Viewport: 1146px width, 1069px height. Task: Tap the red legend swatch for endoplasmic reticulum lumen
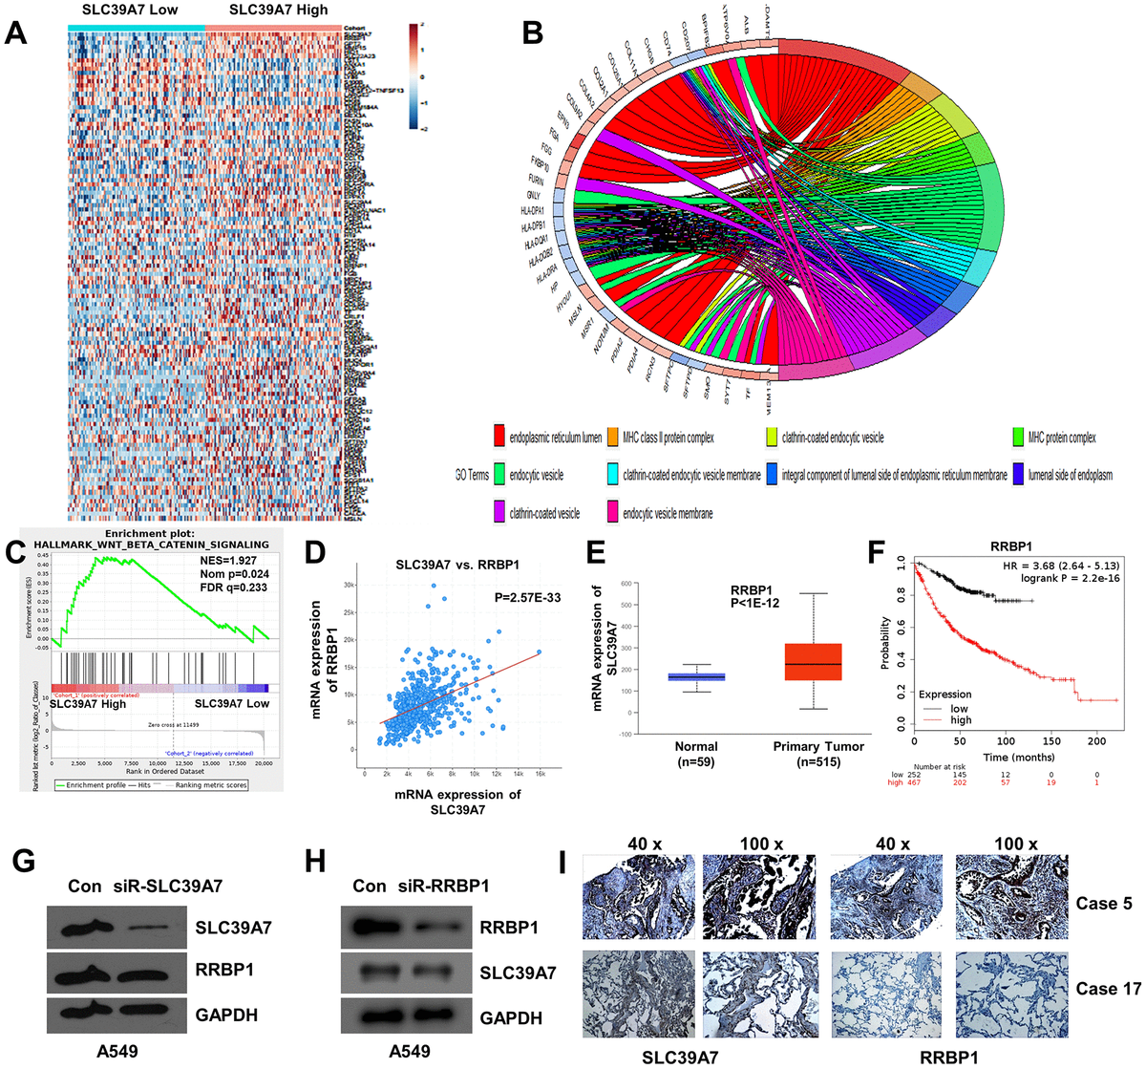[x=499, y=438]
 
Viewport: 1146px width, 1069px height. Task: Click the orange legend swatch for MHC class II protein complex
[x=612, y=438]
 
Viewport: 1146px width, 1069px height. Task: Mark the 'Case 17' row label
[x=1108, y=989]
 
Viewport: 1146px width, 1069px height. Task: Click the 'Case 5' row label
[x=1103, y=903]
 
